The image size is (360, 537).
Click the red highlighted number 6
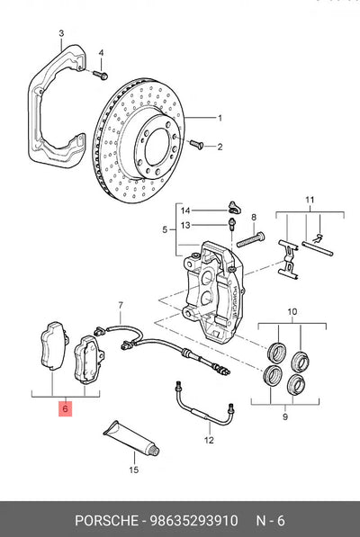click(x=65, y=408)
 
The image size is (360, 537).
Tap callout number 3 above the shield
click(x=61, y=33)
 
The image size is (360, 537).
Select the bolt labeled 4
click(x=100, y=74)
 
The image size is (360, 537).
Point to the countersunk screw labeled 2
click(x=196, y=144)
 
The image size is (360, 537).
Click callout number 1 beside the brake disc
click(x=220, y=118)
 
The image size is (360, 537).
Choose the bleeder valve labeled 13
click(x=231, y=224)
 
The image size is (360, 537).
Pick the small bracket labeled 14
click(x=234, y=206)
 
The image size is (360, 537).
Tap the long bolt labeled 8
click(x=251, y=240)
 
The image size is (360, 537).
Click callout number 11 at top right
click(x=310, y=200)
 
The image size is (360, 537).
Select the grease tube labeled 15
click(x=132, y=438)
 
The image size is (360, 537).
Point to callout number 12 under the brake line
click(x=209, y=440)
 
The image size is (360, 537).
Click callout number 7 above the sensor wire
click(x=121, y=304)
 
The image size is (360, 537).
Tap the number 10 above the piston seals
click(x=292, y=312)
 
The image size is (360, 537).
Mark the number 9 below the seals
click(x=285, y=416)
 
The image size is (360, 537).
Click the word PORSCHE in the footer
click(x=106, y=521)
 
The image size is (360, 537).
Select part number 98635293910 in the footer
click(x=193, y=521)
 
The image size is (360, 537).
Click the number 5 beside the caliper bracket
click(x=165, y=229)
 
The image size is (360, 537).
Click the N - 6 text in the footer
click(x=271, y=521)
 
